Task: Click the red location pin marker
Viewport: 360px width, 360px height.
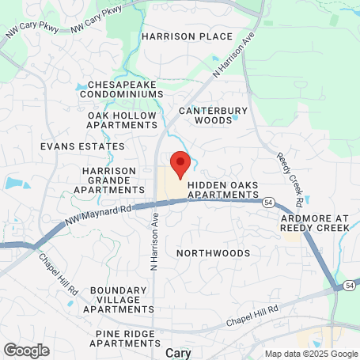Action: [180, 165]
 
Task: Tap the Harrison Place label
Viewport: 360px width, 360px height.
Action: [187, 36]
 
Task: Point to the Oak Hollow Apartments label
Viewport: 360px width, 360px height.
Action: [122, 119]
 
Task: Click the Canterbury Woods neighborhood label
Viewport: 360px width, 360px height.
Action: [214, 116]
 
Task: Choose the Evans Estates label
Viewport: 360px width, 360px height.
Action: [82, 146]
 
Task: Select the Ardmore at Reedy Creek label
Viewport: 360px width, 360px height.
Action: [314, 222]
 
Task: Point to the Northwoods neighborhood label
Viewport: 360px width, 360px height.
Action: [213, 253]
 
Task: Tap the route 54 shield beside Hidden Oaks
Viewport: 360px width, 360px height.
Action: [269, 202]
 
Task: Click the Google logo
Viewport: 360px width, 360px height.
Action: [26, 350]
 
